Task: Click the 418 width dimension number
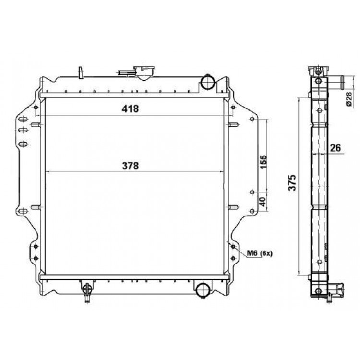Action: point(130,108)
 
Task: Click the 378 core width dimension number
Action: point(131,166)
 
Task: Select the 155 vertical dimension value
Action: point(264,162)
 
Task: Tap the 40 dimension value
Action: point(264,201)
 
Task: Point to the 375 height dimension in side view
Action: point(292,182)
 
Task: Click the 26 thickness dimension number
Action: point(336,148)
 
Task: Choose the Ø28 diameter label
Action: point(349,99)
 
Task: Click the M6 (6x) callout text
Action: point(260,253)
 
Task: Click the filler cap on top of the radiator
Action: point(144,72)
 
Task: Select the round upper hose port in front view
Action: point(207,83)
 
